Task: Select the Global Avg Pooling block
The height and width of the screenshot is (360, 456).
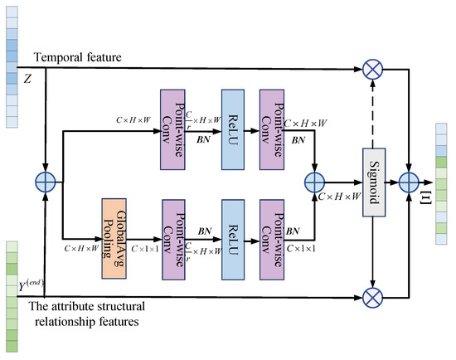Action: pyautogui.click(x=118, y=229)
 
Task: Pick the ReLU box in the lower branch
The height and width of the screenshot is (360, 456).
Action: pyautogui.click(x=235, y=229)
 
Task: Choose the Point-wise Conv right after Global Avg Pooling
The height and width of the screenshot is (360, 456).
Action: pyautogui.click(x=177, y=229)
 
